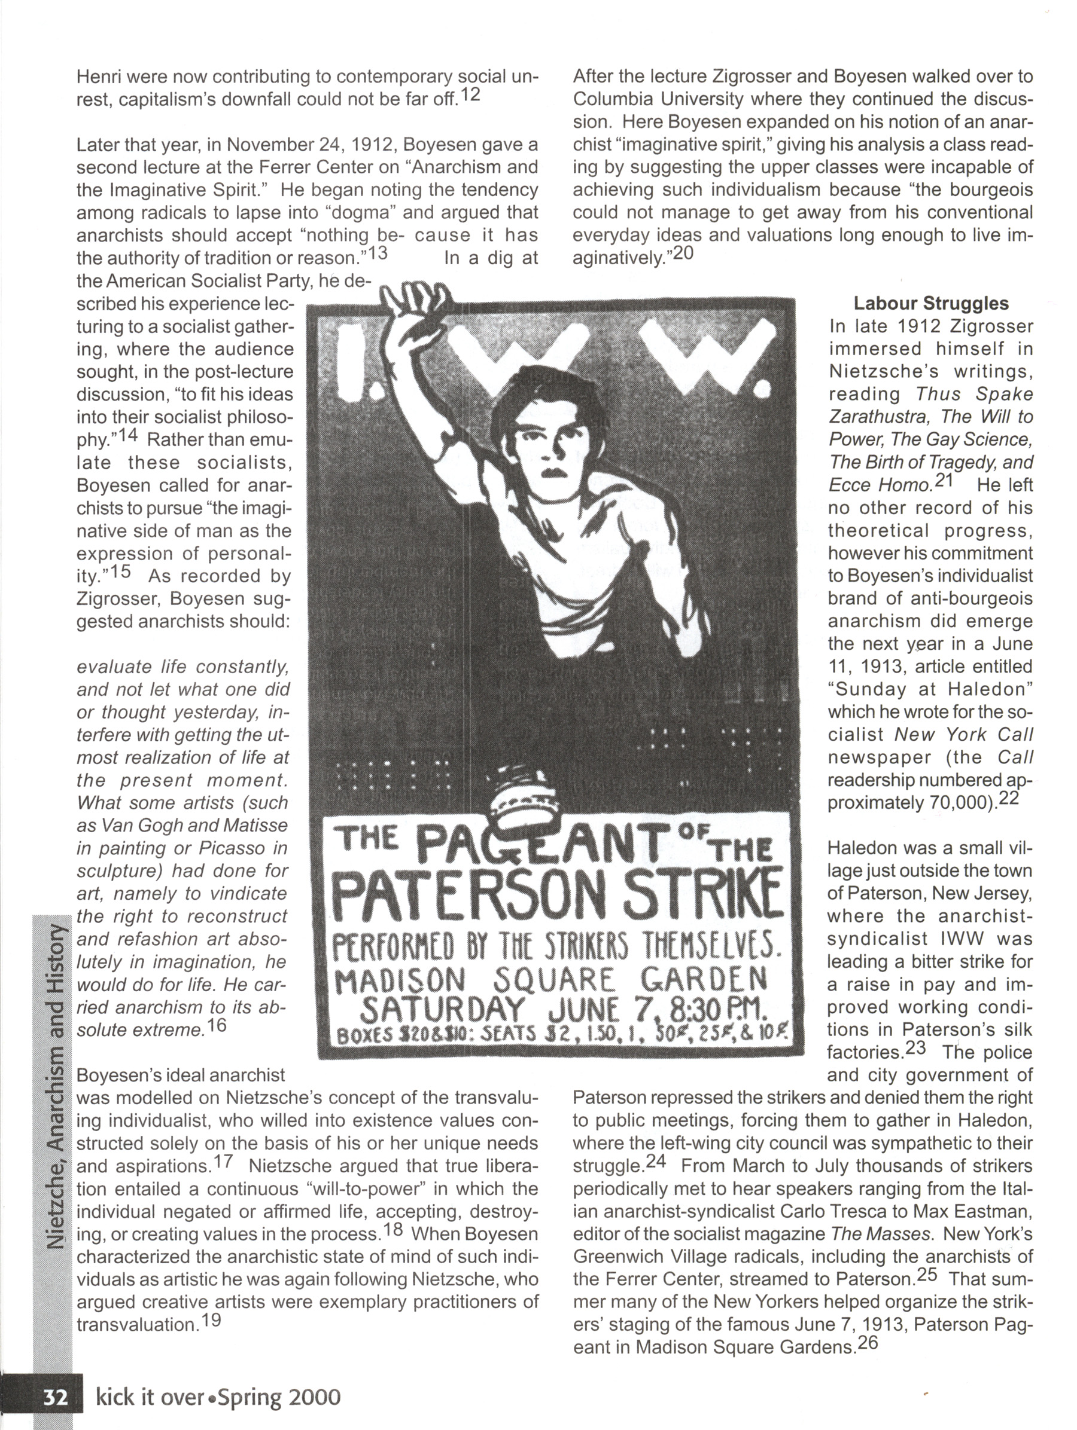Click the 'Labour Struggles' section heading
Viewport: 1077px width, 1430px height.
[931, 303]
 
